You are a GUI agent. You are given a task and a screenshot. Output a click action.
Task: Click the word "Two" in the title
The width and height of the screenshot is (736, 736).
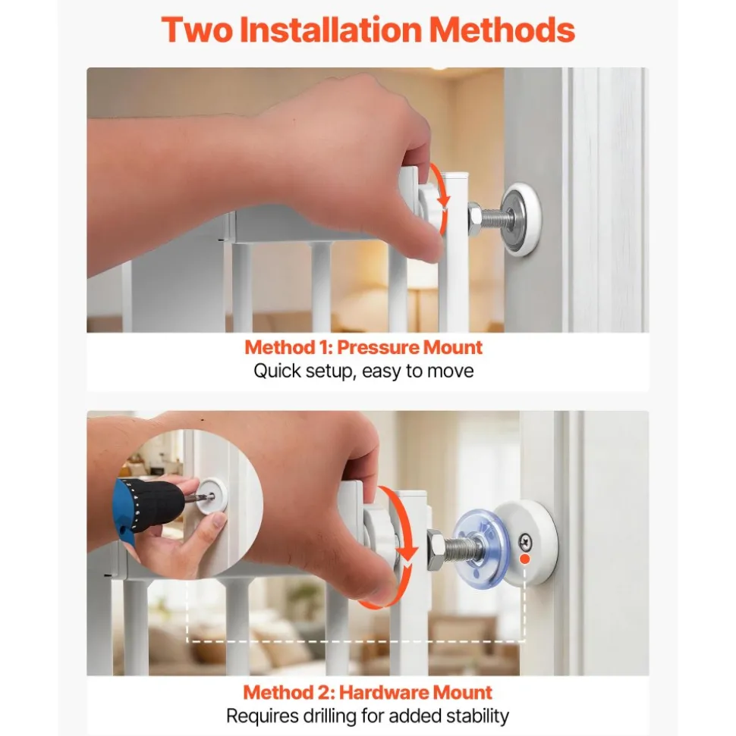point(197,30)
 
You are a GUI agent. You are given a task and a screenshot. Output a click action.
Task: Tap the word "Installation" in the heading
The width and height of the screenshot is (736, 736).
point(330,30)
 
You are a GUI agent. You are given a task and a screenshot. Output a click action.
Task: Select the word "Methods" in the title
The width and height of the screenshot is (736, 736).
point(502,30)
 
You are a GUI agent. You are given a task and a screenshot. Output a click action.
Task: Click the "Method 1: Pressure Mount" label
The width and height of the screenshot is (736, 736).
point(363,347)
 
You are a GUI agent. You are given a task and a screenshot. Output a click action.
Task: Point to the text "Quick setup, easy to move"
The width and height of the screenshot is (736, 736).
point(363,371)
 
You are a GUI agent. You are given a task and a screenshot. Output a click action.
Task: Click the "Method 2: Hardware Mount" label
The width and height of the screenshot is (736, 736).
point(367,692)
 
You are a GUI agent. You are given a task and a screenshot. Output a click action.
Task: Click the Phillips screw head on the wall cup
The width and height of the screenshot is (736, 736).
point(525,542)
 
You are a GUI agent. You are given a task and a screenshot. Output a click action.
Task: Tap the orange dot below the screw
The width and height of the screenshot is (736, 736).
point(525,559)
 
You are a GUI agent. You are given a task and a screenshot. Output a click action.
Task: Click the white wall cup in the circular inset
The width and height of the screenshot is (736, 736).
point(212,496)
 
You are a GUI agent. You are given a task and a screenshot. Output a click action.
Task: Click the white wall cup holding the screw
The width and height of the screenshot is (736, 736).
point(527,542)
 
